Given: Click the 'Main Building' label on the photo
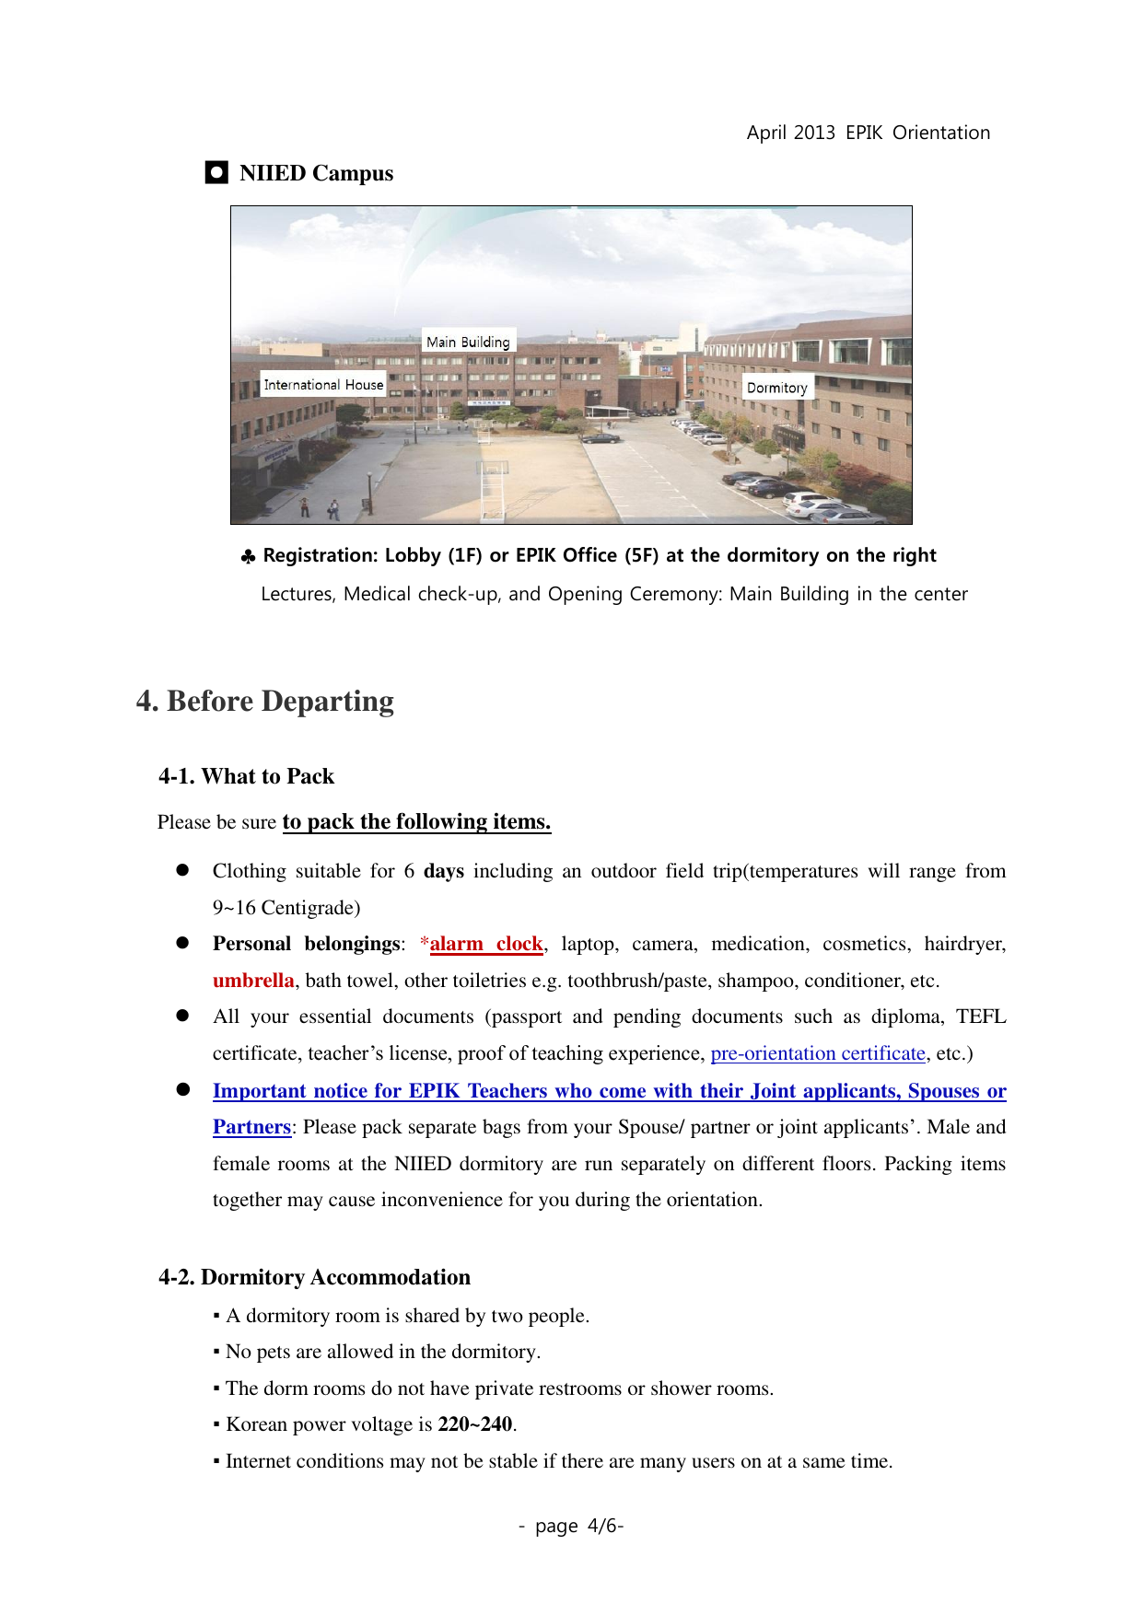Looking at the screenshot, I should point(468,342).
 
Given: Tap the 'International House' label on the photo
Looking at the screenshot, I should point(323,385).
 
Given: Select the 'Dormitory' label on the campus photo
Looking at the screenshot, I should point(776,388).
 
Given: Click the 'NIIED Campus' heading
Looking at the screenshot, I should point(316,173).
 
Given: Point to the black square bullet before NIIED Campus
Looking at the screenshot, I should point(216,173).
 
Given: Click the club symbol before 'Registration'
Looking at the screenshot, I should point(248,557).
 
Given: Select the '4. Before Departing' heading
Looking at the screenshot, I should point(265,701).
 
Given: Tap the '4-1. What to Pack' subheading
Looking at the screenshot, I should point(246,776).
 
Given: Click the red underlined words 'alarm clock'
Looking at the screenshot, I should point(486,944).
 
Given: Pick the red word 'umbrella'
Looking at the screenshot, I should point(253,981).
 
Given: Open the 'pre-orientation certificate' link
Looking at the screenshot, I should point(818,1053).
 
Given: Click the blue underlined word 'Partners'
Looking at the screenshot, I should point(251,1127).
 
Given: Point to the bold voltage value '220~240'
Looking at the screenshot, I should point(475,1424).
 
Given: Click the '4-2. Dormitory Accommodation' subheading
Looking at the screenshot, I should point(314,1277).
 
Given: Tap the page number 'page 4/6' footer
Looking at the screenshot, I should point(571,1526).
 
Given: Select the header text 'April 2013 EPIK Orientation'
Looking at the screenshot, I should point(868,133).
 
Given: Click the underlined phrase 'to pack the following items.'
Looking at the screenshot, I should point(416,821).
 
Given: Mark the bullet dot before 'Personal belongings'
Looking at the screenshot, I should point(182,943).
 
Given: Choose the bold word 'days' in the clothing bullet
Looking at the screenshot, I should point(444,871).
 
